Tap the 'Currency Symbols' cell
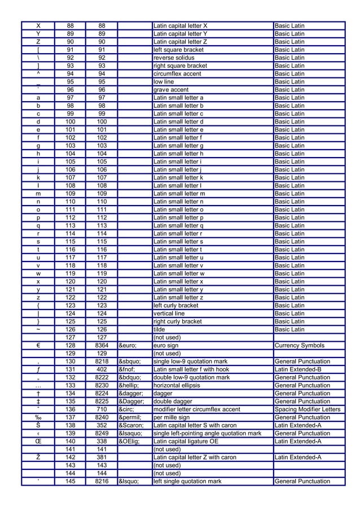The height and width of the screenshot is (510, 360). point(300,346)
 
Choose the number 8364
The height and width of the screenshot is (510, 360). point(102,346)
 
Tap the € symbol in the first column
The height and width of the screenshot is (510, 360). point(38,346)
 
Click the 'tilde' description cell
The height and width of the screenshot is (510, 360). point(160,330)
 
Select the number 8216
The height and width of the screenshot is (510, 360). point(102,482)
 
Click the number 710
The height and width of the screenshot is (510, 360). point(102,409)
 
